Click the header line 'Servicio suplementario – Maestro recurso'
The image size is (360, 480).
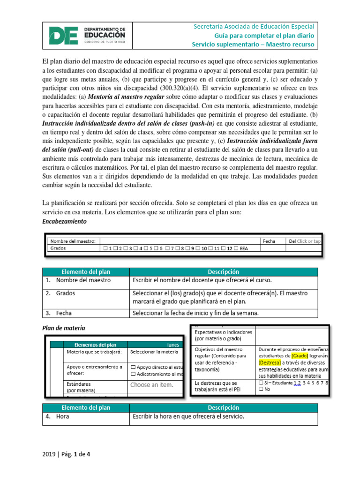(x=253, y=45)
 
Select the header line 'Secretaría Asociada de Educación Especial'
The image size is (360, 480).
(x=254, y=26)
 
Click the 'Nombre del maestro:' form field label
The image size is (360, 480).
(x=73, y=241)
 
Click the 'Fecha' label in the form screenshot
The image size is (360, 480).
(x=269, y=241)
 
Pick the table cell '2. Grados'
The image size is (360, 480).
(x=66, y=293)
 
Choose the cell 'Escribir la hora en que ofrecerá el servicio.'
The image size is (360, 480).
(x=188, y=416)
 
